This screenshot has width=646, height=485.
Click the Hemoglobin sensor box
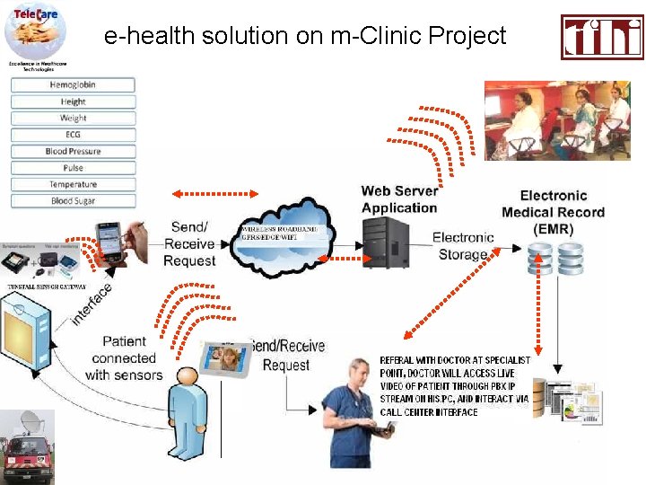tap(73, 84)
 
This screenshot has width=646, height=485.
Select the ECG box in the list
tap(73, 135)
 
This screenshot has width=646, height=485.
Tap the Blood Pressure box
tap(73, 151)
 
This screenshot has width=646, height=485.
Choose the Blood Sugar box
tap(73, 201)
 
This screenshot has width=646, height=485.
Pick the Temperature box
tap(73, 185)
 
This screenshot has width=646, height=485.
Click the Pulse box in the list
tap(73, 168)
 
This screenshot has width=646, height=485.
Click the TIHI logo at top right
tap(602, 37)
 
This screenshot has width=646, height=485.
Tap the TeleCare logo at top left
tap(36, 31)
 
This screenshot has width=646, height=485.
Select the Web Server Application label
tap(399, 198)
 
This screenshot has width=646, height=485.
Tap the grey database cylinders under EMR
tap(555, 259)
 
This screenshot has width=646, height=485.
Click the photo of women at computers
tap(545, 120)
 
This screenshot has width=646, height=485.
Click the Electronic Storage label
tap(463, 246)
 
